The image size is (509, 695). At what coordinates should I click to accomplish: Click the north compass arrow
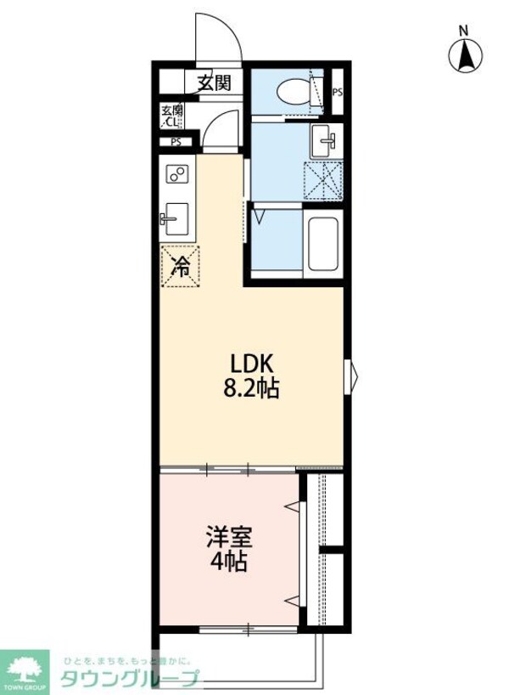[465, 57]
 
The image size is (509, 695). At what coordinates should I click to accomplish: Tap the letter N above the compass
[464, 31]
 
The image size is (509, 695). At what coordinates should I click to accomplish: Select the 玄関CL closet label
[172, 116]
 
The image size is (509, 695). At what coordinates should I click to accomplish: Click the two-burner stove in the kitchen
[177, 173]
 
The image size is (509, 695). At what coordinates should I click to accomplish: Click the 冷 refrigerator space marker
[180, 266]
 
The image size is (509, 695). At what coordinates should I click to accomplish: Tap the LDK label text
[252, 364]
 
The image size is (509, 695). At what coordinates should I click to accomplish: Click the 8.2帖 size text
[254, 389]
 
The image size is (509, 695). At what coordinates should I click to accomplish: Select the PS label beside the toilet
[338, 93]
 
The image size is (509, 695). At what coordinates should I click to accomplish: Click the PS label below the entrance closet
[176, 142]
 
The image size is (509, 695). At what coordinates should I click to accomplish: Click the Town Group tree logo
[27, 667]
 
